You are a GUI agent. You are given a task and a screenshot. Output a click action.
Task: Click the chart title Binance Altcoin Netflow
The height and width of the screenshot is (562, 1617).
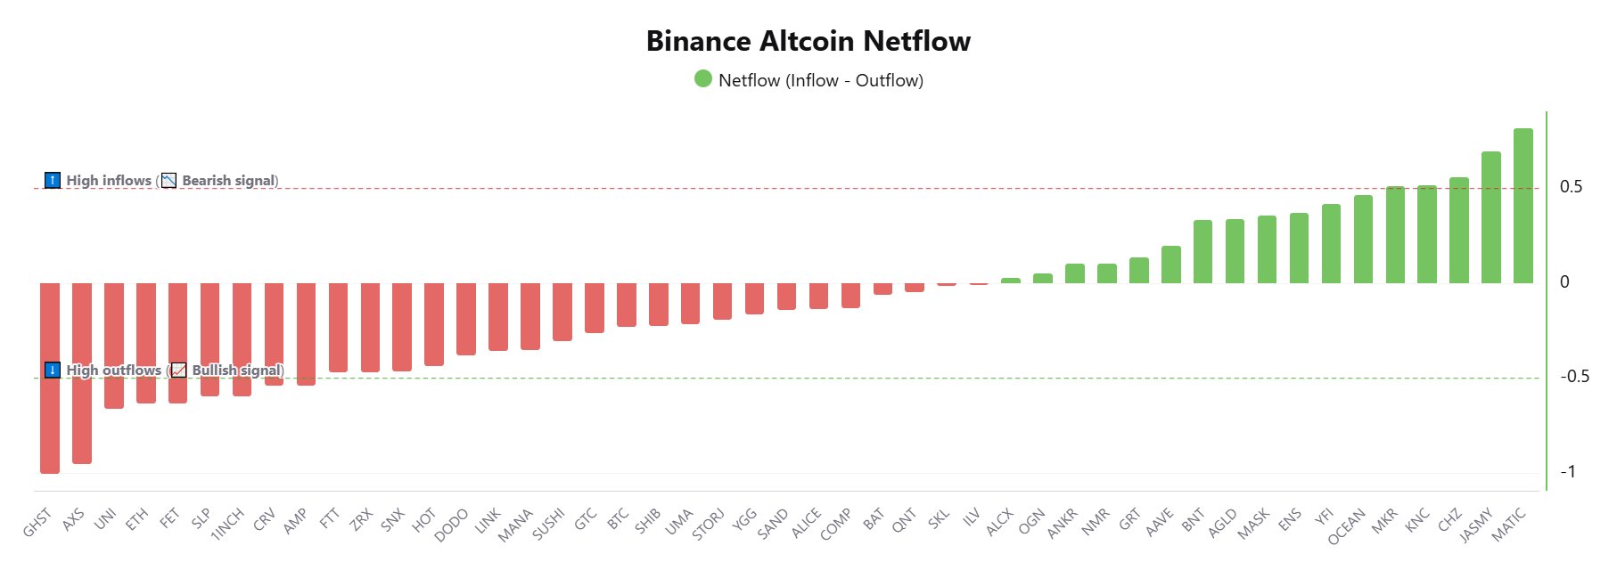tap(808, 41)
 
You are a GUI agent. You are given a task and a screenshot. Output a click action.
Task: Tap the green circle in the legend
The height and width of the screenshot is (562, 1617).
tap(703, 79)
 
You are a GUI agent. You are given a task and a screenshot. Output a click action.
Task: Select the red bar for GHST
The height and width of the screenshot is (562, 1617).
tap(50, 378)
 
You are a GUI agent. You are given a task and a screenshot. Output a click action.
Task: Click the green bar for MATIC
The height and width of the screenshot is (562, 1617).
tap(1523, 206)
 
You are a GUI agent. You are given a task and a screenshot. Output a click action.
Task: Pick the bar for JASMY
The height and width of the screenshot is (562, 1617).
tap(1490, 217)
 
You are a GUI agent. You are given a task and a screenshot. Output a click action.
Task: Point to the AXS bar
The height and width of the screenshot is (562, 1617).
tap(82, 373)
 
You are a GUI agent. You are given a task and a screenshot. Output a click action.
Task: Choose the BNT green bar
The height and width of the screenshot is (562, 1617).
tap(1202, 251)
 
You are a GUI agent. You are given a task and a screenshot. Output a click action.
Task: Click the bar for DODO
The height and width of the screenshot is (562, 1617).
tap(466, 319)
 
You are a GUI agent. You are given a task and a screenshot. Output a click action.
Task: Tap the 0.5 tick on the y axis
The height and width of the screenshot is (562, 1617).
tap(1571, 187)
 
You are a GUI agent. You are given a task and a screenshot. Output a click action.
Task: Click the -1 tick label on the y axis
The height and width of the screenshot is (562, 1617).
tap(1567, 472)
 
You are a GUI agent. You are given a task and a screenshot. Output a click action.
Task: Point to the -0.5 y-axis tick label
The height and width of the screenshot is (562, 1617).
tap(1573, 377)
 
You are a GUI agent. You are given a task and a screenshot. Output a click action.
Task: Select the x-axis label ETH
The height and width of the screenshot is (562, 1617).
tap(136, 519)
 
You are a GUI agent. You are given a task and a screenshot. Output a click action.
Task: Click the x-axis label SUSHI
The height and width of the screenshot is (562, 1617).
tap(548, 524)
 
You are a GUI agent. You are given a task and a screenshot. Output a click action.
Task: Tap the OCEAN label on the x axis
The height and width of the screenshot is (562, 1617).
tap(1346, 526)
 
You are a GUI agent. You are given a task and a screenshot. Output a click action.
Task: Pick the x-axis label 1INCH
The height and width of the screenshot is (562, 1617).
tap(227, 525)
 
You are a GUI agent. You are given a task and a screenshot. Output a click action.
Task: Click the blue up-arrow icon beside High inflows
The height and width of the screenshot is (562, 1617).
tap(53, 181)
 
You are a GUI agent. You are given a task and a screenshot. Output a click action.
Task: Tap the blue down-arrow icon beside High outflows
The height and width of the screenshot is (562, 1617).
tap(53, 371)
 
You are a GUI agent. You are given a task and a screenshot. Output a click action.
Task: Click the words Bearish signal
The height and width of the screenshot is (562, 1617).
tap(229, 181)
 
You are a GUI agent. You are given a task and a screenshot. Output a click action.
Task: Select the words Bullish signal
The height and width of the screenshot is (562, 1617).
tap(237, 371)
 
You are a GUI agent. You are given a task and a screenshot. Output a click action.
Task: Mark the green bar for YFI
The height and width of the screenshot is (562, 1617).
tap(1331, 243)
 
